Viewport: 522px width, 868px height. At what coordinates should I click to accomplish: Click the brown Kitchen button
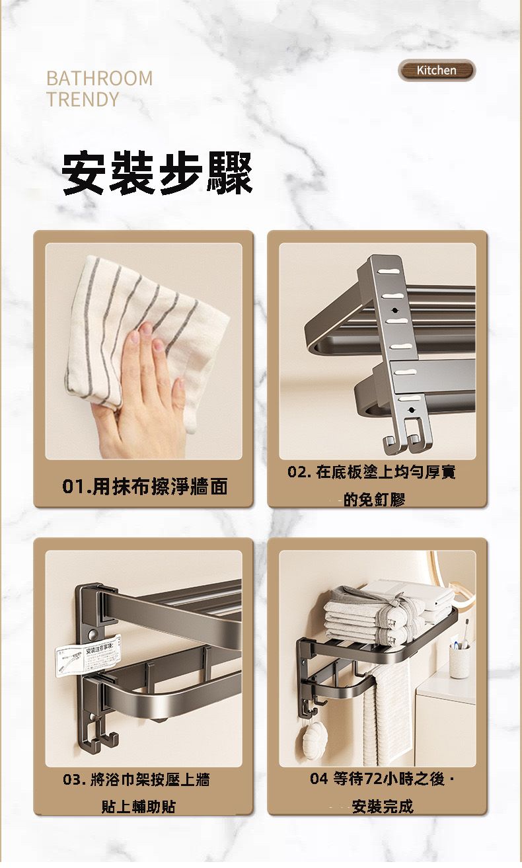pyautogui.click(x=436, y=70)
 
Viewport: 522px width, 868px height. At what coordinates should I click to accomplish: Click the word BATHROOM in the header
pyautogui.click(x=99, y=78)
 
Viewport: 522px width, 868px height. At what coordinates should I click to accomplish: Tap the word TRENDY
pyautogui.click(x=83, y=100)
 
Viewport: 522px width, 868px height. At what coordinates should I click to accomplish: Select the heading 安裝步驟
pyautogui.click(x=157, y=173)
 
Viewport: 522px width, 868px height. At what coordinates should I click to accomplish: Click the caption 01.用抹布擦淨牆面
pyautogui.click(x=145, y=487)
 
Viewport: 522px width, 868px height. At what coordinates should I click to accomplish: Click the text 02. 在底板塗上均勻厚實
pyautogui.click(x=371, y=472)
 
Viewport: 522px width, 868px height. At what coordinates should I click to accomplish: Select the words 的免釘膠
pyautogui.click(x=373, y=500)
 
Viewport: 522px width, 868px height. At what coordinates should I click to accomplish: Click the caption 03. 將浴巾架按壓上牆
pyautogui.click(x=136, y=780)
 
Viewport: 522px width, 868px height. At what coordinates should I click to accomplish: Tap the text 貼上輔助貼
pyautogui.click(x=138, y=807)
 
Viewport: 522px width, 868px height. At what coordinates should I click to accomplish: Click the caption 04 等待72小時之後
pyautogui.click(x=381, y=779)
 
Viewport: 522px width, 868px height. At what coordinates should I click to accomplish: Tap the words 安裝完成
pyautogui.click(x=383, y=807)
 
